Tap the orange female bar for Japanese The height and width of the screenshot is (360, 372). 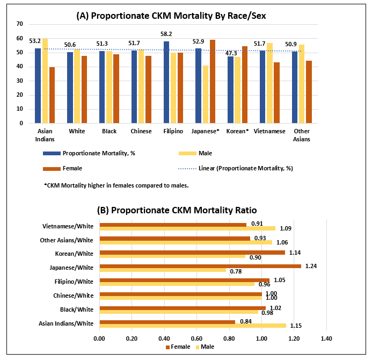pos(213,81)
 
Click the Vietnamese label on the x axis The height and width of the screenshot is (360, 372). pos(269,131)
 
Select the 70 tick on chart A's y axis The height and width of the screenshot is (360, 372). pos(19,24)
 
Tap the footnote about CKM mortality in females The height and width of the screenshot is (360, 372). pos(116,185)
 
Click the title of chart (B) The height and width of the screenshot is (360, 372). pos(177,210)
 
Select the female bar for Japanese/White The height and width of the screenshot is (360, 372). pos(200,265)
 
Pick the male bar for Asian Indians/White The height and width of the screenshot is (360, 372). pos(193,326)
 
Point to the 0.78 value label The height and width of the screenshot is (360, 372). pos(235,271)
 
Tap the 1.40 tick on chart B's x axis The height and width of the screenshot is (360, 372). pos(326,339)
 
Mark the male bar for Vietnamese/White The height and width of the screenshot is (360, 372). pos(187,228)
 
